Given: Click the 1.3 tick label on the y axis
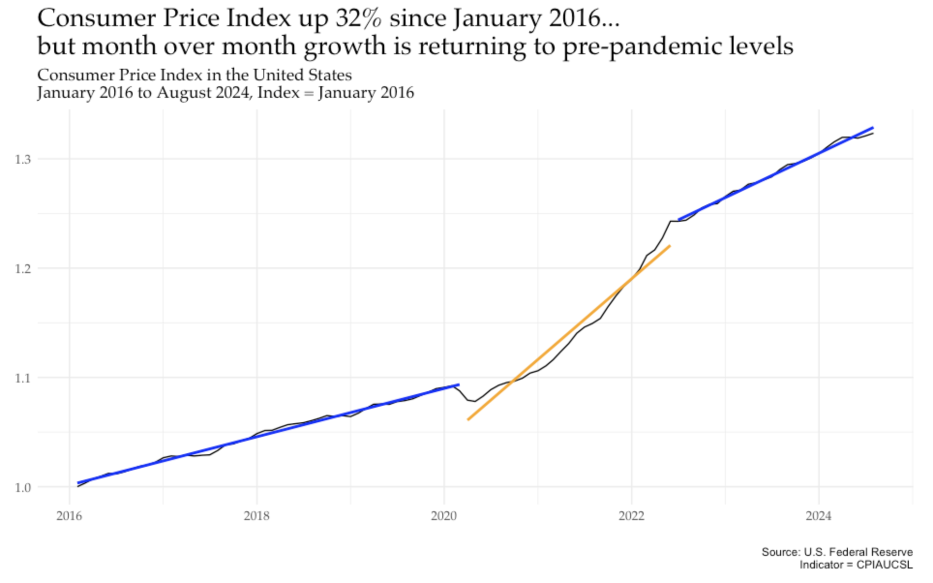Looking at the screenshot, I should click(x=22, y=159).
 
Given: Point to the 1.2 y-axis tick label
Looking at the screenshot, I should click(x=22, y=269).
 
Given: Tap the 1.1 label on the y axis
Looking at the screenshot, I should click(x=22, y=378).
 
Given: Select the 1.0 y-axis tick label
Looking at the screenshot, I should click(x=22, y=488).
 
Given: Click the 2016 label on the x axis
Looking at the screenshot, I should click(x=69, y=516).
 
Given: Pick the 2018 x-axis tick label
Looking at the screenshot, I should click(x=256, y=516).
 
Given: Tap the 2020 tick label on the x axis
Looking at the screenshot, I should click(x=444, y=516).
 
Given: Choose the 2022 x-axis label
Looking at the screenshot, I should click(x=632, y=516).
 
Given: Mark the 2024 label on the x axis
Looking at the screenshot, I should click(x=819, y=516).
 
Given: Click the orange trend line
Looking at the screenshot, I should click(x=569, y=333).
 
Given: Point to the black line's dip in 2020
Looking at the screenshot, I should click(x=475, y=401).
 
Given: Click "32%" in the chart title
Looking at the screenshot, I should click(x=358, y=18).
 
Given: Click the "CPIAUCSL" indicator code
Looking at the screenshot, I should click(x=884, y=565).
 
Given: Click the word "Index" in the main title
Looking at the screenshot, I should click(x=258, y=18).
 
